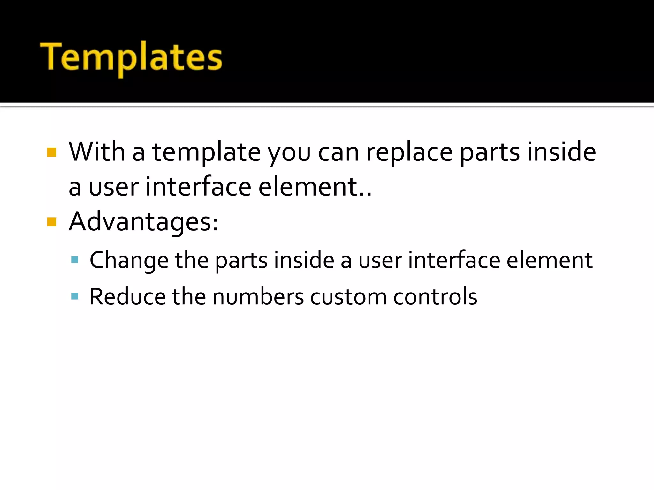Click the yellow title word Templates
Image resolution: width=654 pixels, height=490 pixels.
(131, 57)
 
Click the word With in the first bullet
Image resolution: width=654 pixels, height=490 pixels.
(96, 152)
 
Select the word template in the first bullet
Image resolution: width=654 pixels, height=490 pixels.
(206, 152)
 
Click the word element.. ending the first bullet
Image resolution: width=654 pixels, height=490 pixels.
(315, 187)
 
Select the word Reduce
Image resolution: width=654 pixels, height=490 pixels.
(127, 297)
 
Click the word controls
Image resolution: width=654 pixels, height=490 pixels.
(435, 297)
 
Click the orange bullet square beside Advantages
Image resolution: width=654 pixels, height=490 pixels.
(51, 222)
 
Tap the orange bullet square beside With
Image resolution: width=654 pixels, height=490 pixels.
(51, 152)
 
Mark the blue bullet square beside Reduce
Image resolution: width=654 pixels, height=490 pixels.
(75, 296)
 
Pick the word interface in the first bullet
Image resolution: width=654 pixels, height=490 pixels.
(198, 187)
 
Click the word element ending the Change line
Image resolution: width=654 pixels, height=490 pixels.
(550, 260)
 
